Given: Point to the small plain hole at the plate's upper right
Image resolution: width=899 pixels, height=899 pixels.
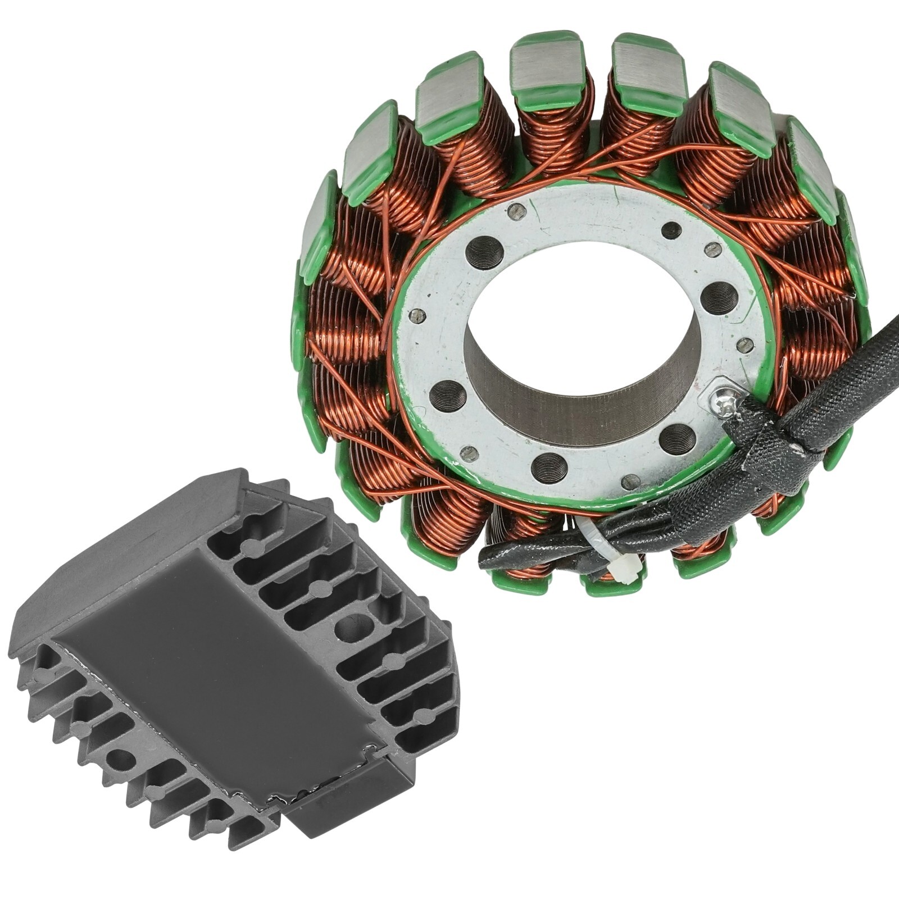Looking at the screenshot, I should (x=670, y=230).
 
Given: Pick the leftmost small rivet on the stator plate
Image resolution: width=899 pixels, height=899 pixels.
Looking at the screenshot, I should (x=416, y=314).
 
